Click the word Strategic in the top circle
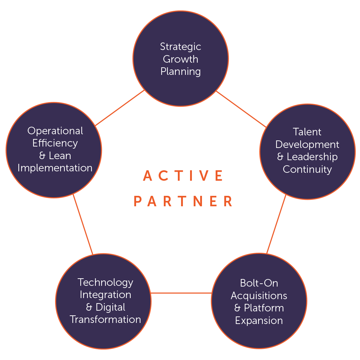[x=180, y=47]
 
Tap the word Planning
[x=180, y=71]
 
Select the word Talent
[x=307, y=132]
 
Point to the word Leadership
[x=312, y=157]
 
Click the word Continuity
[x=307, y=169]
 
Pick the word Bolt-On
[x=259, y=283]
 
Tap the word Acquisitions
[x=259, y=296]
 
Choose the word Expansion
[x=259, y=320]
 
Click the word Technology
[x=105, y=282]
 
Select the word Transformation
[x=105, y=319]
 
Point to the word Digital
[x=111, y=307]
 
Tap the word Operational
[x=55, y=131]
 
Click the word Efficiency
[x=55, y=143]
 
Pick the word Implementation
[x=55, y=168]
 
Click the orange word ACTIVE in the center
[x=183, y=176]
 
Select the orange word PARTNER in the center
[x=183, y=201]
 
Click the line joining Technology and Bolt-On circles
[x=181, y=293]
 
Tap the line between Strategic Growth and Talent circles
[x=241, y=109]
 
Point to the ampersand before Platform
[x=237, y=308]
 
